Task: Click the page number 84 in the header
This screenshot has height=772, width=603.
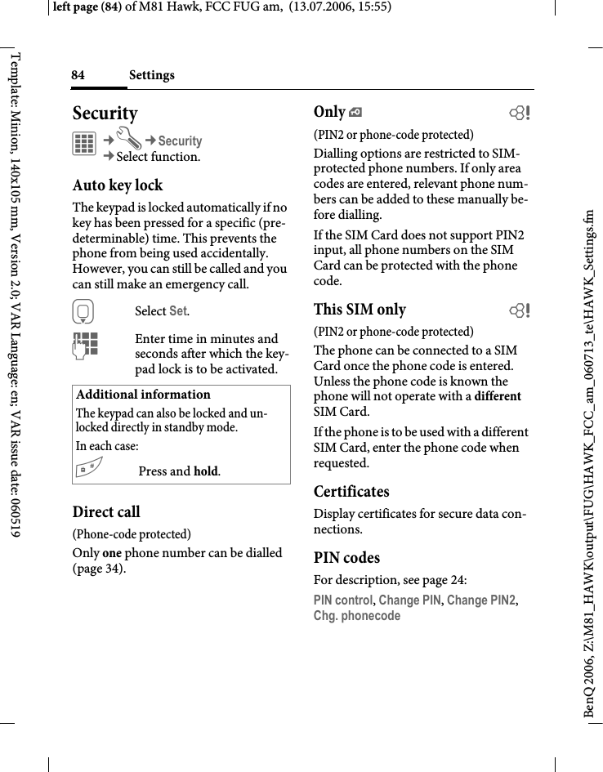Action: click(x=78, y=75)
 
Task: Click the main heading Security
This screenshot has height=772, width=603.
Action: click(x=105, y=113)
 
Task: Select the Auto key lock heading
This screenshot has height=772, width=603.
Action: click(x=118, y=185)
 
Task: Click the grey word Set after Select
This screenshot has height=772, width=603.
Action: click(x=178, y=311)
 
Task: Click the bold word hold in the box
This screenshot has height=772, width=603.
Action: click(x=206, y=471)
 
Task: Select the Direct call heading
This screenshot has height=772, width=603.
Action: click(x=106, y=512)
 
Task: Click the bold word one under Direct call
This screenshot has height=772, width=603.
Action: click(x=112, y=553)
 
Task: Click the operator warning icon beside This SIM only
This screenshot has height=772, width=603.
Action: click(x=518, y=310)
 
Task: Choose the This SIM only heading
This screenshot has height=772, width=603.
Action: click(x=360, y=310)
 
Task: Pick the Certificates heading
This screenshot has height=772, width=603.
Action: click(x=351, y=492)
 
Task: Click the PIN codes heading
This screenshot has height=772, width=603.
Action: click(x=346, y=558)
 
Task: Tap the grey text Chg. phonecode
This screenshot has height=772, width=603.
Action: click(x=357, y=616)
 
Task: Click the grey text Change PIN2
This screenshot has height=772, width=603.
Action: click(x=481, y=600)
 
